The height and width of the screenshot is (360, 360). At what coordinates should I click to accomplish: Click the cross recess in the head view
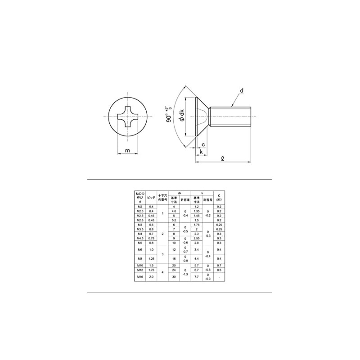coord(128,117)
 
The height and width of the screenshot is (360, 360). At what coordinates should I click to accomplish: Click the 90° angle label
coord(169,115)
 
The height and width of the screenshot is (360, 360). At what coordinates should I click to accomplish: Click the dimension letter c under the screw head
coord(203,144)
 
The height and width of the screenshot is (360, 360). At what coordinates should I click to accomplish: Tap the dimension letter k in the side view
coord(201,153)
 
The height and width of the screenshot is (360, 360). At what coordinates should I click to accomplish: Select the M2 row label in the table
coord(139,207)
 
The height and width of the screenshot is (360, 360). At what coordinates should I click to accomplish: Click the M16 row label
coord(139,278)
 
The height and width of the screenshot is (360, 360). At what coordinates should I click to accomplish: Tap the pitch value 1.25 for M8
coord(151,259)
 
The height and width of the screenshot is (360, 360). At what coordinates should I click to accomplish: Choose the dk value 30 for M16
coord(174,278)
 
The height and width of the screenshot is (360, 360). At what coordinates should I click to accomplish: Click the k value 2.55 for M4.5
coord(196,238)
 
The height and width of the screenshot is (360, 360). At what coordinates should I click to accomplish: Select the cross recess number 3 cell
coord(162,254)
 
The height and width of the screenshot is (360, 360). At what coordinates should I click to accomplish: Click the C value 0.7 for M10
coord(219,266)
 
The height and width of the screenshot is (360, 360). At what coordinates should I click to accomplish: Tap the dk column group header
coord(179,192)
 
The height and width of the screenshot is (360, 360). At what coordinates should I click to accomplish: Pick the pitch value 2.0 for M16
coord(151,278)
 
